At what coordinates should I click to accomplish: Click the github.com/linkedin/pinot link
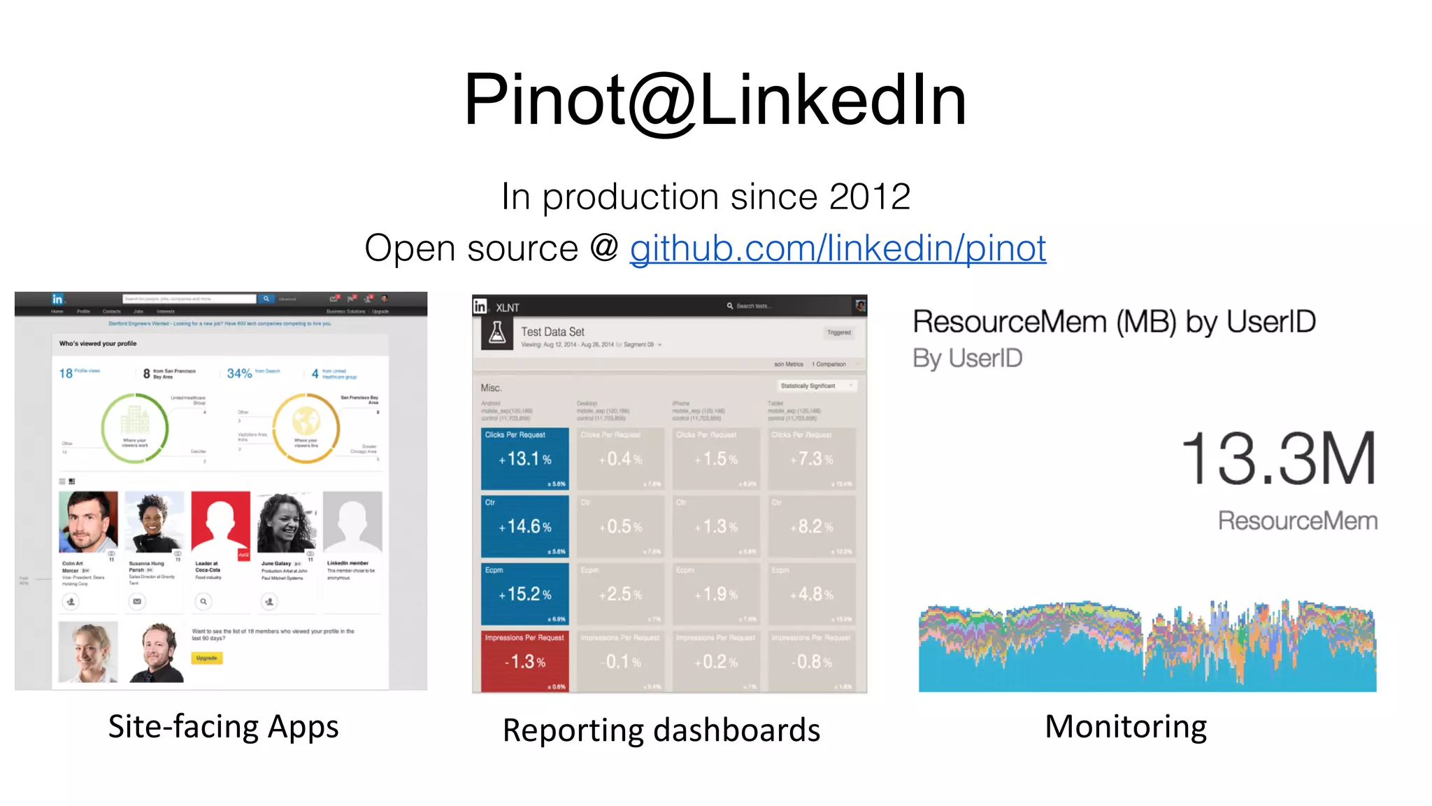pos(838,248)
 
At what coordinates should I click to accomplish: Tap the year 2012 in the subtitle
pos(870,197)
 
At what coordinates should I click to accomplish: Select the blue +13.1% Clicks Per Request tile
pos(524,459)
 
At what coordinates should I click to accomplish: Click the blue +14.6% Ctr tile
pos(524,526)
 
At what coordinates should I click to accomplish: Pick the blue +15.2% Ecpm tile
pos(524,594)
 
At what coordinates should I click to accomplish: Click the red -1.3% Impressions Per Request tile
pos(524,661)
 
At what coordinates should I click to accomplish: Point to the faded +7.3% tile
pos(812,459)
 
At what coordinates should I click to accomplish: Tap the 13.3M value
pos(1278,459)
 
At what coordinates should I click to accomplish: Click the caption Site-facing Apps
pos(223,726)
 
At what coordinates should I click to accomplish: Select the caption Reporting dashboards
pos(661,730)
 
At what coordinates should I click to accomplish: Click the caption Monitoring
pos(1126,726)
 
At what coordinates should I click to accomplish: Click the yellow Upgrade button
pos(206,658)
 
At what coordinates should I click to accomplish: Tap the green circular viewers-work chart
pos(135,427)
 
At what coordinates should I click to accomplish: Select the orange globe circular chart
pos(306,427)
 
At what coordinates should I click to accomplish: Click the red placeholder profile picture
pos(220,522)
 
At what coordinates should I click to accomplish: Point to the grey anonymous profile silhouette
pos(352,522)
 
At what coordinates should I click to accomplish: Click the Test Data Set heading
pos(552,332)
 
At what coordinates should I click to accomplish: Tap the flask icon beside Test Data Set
pos(497,333)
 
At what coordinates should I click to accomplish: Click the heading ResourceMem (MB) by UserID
pos(1114,322)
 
